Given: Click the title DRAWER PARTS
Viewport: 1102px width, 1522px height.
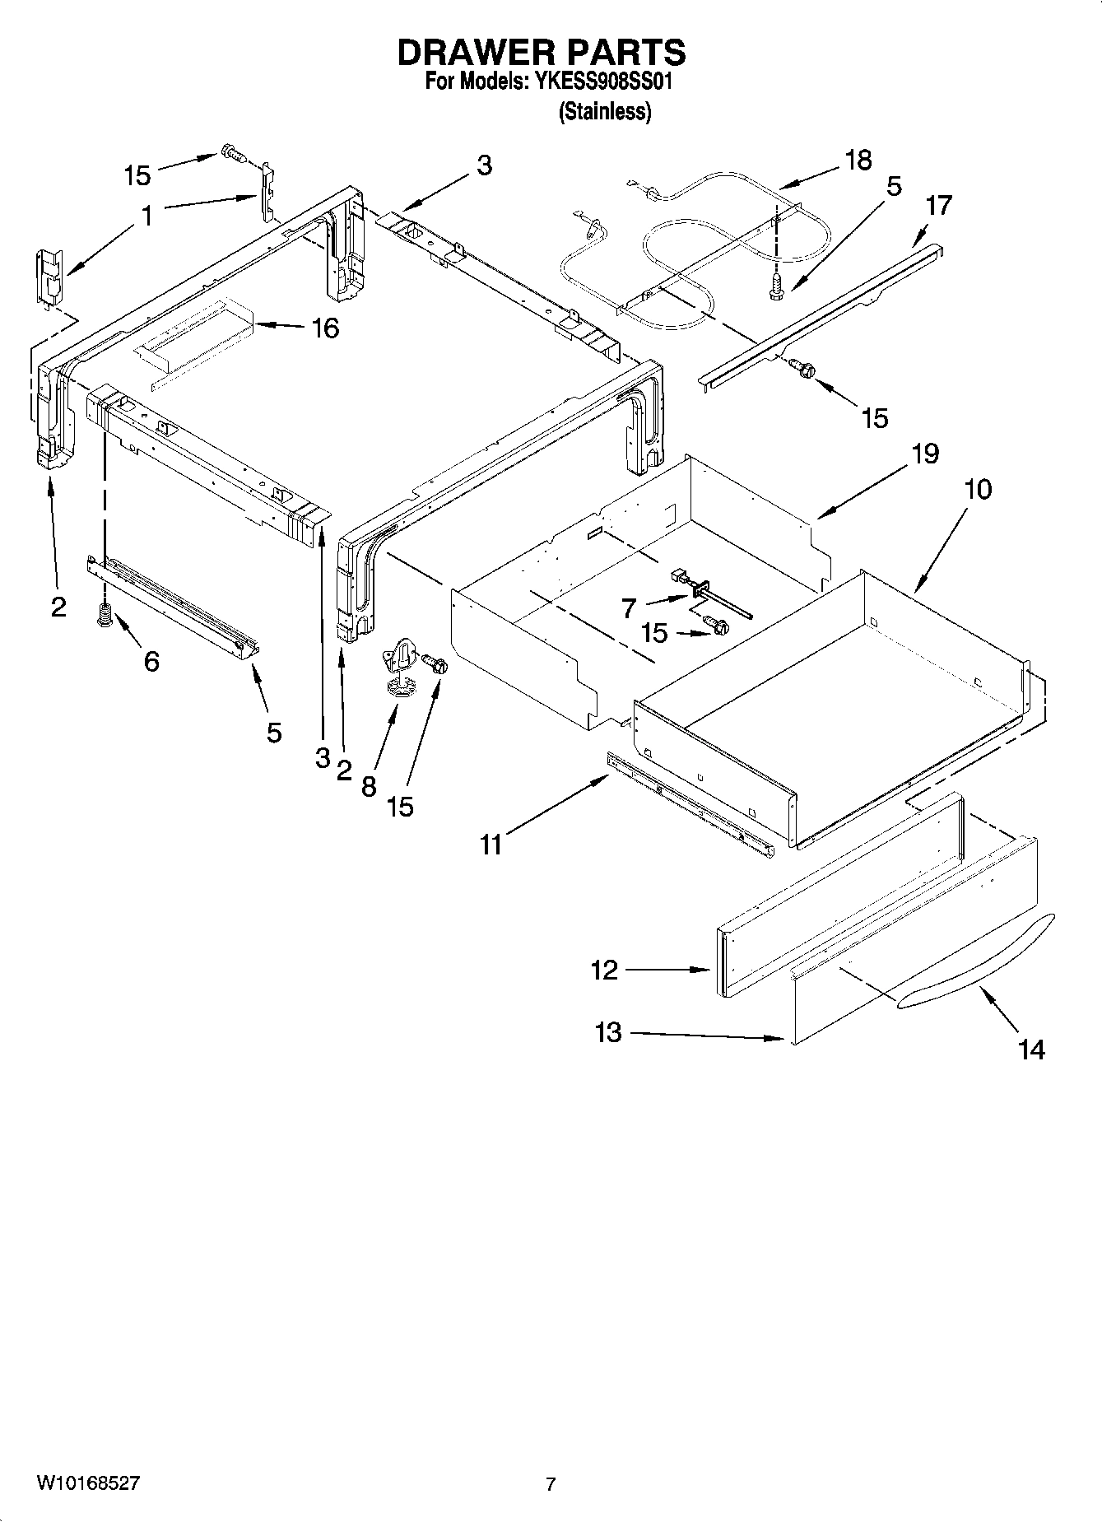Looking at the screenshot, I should pyautogui.click(x=541, y=53).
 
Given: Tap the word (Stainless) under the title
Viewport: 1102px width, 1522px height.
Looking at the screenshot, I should pyautogui.click(x=605, y=112).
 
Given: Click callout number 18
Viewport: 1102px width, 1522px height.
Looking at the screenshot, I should pyautogui.click(x=858, y=160).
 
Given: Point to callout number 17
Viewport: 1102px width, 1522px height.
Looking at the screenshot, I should pyautogui.click(x=938, y=205).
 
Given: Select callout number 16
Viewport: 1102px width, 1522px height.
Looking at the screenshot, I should pyautogui.click(x=325, y=328).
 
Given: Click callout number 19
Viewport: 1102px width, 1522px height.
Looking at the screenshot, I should pyautogui.click(x=925, y=454).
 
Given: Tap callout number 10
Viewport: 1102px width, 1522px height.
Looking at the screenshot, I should pyautogui.click(x=978, y=489).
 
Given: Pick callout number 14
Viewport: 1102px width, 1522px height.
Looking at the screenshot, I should pyautogui.click(x=1030, y=1050).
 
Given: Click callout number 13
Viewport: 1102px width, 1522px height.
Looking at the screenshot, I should pyautogui.click(x=608, y=1032).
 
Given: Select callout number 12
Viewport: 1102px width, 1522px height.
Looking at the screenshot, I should pyautogui.click(x=604, y=970).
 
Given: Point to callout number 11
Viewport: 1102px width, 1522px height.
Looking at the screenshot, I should pyautogui.click(x=491, y=845).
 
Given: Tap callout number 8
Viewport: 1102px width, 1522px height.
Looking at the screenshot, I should pyautogui.click(x=369, y=787).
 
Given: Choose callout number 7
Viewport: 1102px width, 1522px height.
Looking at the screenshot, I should pyautogui.click(x=629, y=608).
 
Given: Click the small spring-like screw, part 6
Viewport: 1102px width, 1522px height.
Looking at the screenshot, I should pyautogui.click(x=105, y=617).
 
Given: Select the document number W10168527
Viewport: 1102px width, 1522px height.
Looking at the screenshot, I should pyautogui.click(x=88, y=1483).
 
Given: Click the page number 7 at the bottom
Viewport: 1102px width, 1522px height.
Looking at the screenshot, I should pyautogui.click(x=551, y=1484).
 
